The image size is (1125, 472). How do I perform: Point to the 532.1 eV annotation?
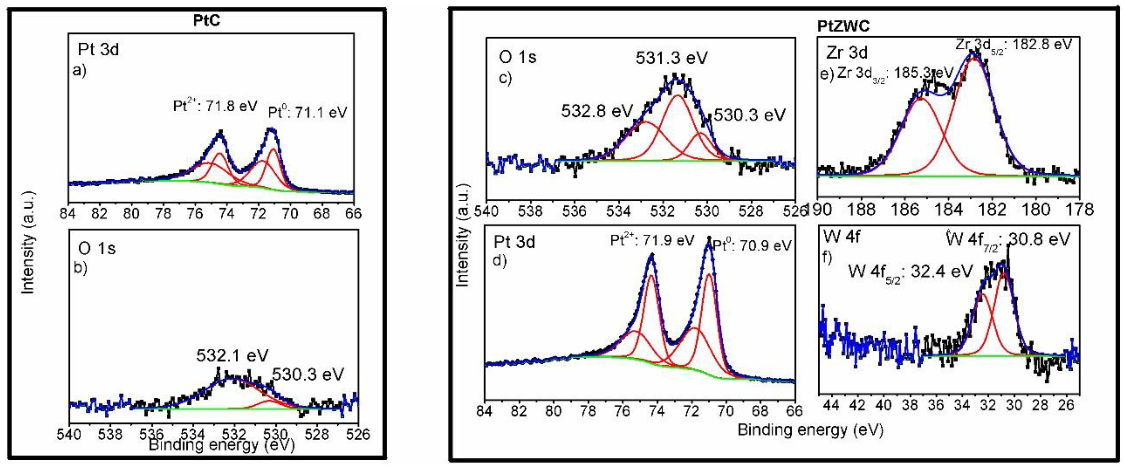click(232, 356)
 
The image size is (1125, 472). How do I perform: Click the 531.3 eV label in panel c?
click(671, 58)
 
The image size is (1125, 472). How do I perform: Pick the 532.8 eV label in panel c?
click(597, 111)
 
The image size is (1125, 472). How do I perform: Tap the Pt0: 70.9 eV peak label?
click(752, 246)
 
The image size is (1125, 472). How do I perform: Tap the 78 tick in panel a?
click(163, 214)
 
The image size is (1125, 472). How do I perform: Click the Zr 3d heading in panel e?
click(846, 53)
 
